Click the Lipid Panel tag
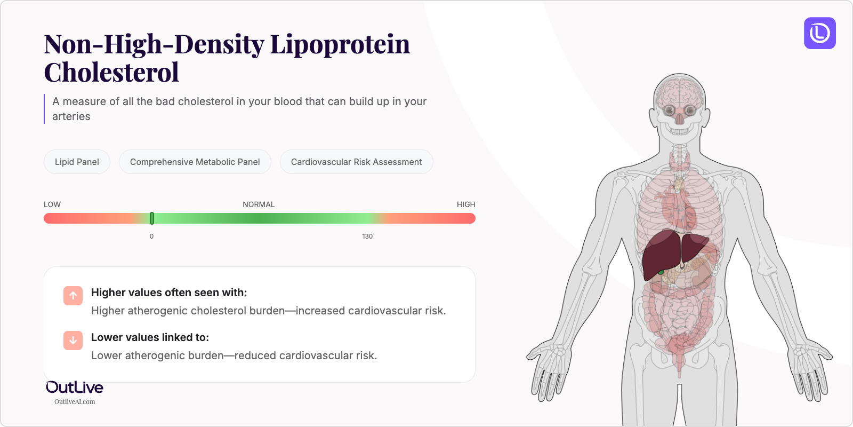point(77,162)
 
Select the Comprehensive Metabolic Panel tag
point(195,162)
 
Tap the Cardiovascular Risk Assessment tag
point(356,162)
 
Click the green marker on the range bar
point(152,218)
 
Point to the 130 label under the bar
point(367,236)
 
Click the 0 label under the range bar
point(151,236)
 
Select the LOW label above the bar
point(52,204)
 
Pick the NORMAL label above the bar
point(259,204)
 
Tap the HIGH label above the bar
point(466,204)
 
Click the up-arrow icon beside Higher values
point(73,296)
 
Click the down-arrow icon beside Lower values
point(73,341)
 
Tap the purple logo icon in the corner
point(820,33)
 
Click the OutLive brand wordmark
point(75,388)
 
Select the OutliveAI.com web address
point(75,402)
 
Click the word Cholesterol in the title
point(111,72)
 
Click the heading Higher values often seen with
point(169,292)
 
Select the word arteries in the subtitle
point(71,116)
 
